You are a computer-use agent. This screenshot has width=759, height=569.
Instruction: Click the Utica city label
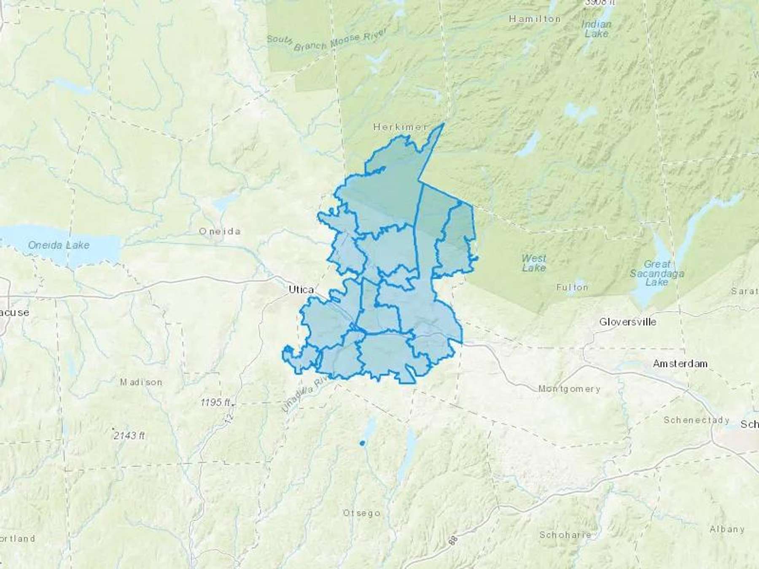pyautogui.click(x=301, y=290)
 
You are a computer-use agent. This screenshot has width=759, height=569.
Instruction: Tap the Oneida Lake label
pyautogui.click(x=59, y=245)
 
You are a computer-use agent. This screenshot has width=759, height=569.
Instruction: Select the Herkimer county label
pyautogui.click(x=400, y=126)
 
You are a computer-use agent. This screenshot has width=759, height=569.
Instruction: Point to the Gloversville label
pyautogui.click(x=627, y=322)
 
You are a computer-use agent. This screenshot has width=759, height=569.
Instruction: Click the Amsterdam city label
pyautogui.click(x=680, y=363)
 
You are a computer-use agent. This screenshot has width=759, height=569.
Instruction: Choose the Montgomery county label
pyautogui.click(x=569, y=389)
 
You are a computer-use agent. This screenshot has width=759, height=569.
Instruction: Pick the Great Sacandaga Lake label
pyautogui.click(x=657, y=273)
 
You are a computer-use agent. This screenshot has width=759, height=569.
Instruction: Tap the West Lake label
pyautogui.click(x=533, y=263)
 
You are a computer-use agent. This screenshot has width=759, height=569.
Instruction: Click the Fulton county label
pyautogui.click(x=572, y=287)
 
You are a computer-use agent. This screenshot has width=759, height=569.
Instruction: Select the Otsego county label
pyautogui.click(x=361, y=513)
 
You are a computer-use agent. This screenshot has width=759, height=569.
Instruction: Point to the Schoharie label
pyautogui.click(x=565, y=535)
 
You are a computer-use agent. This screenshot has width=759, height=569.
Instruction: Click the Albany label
pyautogui.click(x=727, y=529)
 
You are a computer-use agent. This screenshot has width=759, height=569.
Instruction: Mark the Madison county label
pyautogui.click(x=141, y=382)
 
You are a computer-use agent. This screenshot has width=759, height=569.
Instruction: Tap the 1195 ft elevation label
pyautogui.click(x=215, y=403)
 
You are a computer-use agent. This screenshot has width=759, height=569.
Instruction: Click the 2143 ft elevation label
pyautogui.click(x=129, y=435)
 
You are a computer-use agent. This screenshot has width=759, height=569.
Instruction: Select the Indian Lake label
pyautogui.click(x=596, y=29)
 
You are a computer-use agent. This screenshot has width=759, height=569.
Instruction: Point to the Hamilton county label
pyautogui.click(x=534, y=19)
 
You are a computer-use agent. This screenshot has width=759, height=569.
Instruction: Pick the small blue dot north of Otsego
pyautogui.click(x=362, y=443)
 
